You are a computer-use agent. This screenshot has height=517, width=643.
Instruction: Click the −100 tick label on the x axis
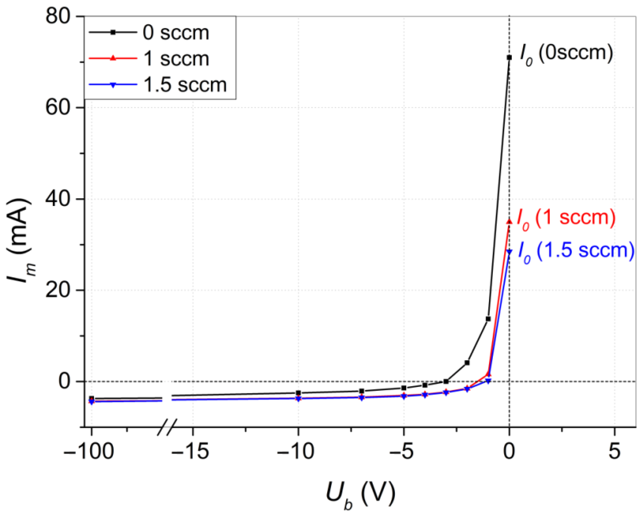pyautogui.click(x=89, y=451)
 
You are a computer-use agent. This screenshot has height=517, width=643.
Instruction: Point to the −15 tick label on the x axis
pyautogui.click(x=190, y=451)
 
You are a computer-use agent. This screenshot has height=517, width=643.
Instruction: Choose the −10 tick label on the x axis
pyautogui.click(x=296, y=451)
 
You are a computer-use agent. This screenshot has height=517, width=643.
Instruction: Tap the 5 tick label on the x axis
pyautogui.click(x=614, y=451)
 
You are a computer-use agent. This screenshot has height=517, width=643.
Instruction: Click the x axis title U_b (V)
pyautogui.click(x=361, y=494)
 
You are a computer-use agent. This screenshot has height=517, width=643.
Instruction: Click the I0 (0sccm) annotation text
pyautogui.click(x=566, y=54)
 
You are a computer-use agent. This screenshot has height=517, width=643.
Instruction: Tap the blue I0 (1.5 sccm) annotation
pyautogui.click(x=576, y=251)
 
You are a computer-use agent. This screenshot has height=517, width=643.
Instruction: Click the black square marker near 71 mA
pyautogui.click(x=509, y=57)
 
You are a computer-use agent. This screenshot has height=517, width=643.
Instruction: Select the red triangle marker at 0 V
pyautogui.click(x=509, y=222)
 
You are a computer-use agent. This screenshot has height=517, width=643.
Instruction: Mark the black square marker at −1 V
pyautogui.click(x=488, y=319)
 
